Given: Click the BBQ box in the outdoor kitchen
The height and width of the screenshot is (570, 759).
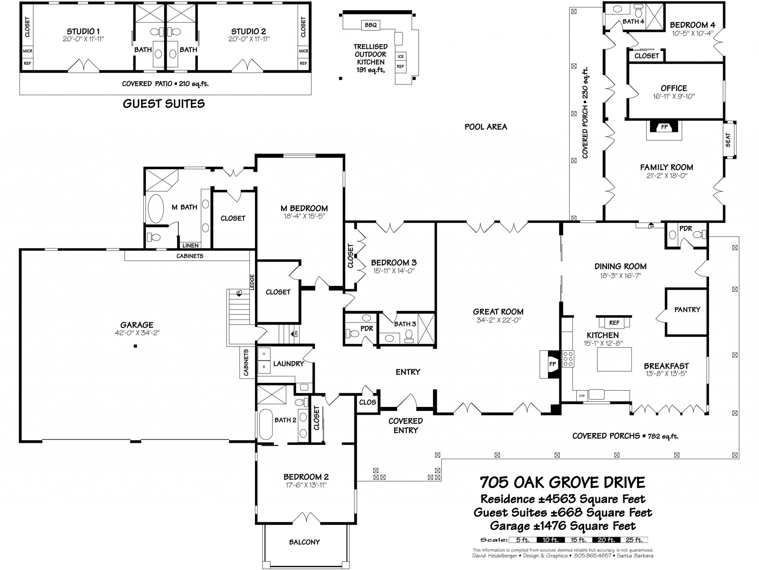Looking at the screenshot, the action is (x=371, y=25).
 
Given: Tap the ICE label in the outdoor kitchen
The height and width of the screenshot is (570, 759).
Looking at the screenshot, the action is (x=401, y=57).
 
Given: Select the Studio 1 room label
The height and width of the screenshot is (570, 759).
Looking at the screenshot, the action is (x=83, y=31).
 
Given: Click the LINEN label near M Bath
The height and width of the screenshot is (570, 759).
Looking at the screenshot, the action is (x=190, y=246).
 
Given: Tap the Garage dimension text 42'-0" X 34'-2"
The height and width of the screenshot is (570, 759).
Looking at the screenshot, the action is (x=137, y=333).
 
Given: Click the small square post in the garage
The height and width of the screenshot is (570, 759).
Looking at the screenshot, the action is (x=135, y=346).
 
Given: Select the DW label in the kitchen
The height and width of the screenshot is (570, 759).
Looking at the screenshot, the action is (x=582, y=396).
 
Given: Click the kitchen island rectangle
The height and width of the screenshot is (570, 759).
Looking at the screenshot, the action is (x=615, y=359).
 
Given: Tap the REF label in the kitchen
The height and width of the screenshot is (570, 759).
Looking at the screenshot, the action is (x=614, y=323).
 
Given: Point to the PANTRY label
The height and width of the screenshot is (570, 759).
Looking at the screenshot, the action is (x=687, y=310).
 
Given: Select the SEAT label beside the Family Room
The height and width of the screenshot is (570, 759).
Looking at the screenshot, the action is (x=728, y=140).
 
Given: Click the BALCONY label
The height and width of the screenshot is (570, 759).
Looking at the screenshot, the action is (x=304, y=542).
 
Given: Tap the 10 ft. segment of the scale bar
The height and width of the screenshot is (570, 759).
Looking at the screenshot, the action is (x=551, y=540).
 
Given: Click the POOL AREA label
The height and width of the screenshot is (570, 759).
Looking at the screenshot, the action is (x=486, y=127).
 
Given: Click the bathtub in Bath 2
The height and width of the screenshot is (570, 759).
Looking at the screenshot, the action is (x=266, y=424).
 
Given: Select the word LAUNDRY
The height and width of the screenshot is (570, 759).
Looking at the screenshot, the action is (x=288, y=364).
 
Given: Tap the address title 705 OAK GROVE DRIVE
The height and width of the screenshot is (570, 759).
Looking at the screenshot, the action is (x=562, y=483).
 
